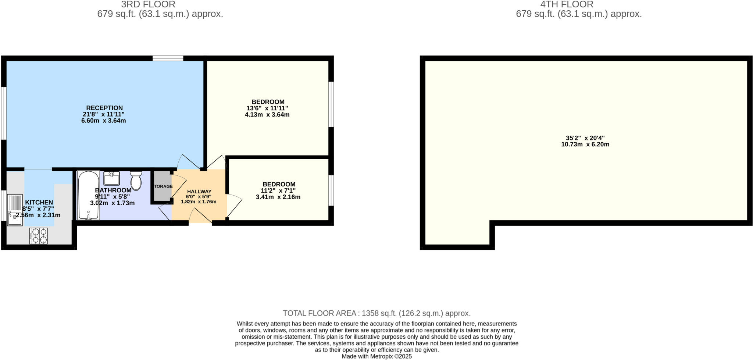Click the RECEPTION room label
coord(105,108)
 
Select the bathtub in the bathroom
coord(89,195)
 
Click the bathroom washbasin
coord(111,178)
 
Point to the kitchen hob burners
coord(39,236)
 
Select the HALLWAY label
coord(199,192)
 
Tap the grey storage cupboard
coord(162,186)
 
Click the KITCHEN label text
coord(39,202)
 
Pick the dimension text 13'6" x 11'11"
coord(267,108)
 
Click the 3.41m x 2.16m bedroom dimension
coord(278,197)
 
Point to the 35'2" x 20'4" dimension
coord(585,138)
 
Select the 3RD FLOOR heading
coord(148,4)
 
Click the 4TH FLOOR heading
coord(567,4)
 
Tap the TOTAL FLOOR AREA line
coord(376,313)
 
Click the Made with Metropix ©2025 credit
coord(376,356)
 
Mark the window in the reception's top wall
coord(168,58)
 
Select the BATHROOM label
coord(113,190)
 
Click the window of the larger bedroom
coord(331,104)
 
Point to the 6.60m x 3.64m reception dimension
coord(104,121)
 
